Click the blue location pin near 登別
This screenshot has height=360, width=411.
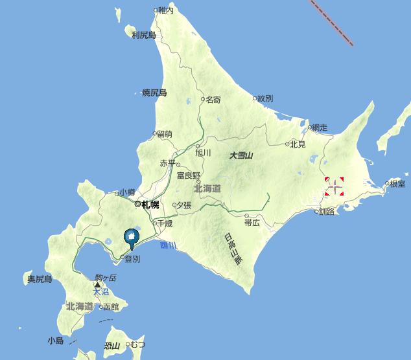pyautogui.click(x=132, y=238)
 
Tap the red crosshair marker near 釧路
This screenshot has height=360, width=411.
pyautogui.click(x=334, y=187)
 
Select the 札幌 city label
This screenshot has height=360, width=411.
pyautogui.click(x=150, y=205)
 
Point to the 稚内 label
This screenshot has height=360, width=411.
pyautogui.click(x=166, y=10)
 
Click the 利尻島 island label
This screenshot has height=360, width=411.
pyautogui.click(x=143, y=35)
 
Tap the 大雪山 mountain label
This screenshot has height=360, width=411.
pyautogui.click(x=241, y=155)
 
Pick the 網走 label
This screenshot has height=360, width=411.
pyautogui.click(x=319, y=128)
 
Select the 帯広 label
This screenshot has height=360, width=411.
pyautogui.click(x=252, y=222)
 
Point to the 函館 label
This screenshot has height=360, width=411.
pyautogui.click(x=111, y=306)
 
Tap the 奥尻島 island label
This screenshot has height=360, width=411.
pyautogui.click(x=39, y=279)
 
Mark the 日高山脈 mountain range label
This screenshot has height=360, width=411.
pyautogui.click(x=232, y=249)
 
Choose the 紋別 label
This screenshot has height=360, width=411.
pyautogui.click(x=264, y=98)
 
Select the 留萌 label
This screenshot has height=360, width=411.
pyautogui.click(x=164, y=134)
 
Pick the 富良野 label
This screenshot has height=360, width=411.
pyautogui.click(x=189, y=175)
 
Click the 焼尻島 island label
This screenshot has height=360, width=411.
pyautogui.click(x=154, y=93)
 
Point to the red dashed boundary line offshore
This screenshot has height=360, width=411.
pyautogui.click(x=331, y=23)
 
